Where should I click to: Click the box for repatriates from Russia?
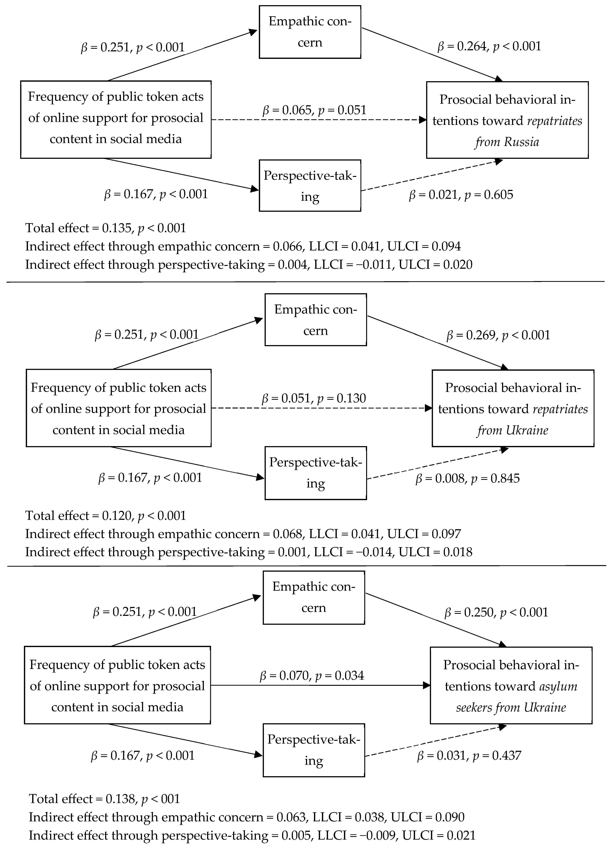point(507,120)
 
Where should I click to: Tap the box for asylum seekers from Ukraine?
point(511,686)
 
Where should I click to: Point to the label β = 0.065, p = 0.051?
point(314,110)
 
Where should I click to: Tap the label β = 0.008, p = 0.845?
point(468,478)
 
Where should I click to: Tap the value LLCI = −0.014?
point(354,552)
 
